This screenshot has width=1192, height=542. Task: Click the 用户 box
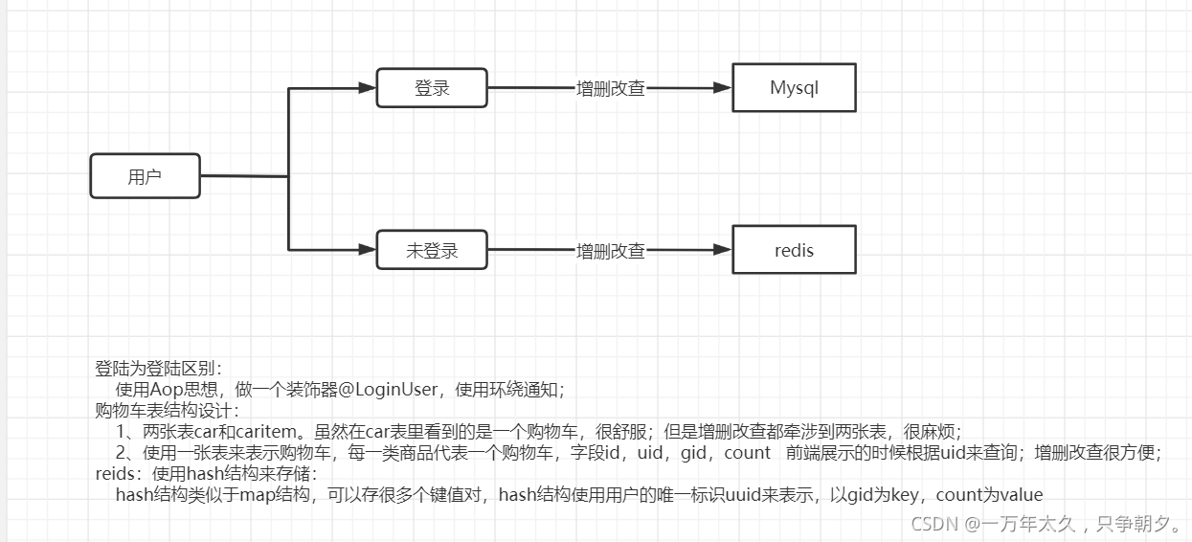(145, 176)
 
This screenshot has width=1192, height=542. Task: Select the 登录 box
(432, 88)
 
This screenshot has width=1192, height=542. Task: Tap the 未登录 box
(432, 251)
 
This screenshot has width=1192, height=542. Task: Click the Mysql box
(794, 88)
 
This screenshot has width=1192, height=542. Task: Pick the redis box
(794, 250)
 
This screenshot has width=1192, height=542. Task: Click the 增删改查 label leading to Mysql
(610, 88)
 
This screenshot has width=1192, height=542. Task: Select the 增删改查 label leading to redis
(610, 251)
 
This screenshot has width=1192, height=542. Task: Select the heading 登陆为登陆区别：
(158, 368)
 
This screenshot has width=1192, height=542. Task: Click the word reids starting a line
(115, 473)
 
